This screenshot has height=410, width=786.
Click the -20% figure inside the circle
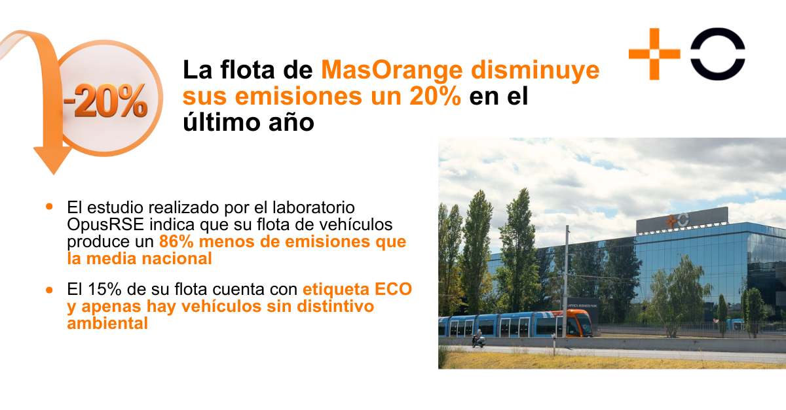(x=106, y=100)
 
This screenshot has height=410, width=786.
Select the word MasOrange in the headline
(x=391, y=69)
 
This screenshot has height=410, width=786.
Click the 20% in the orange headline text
(x=436, y=96)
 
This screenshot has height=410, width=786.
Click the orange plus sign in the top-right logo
(x=654, y=54)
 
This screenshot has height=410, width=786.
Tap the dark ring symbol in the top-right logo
(x=717, y=54)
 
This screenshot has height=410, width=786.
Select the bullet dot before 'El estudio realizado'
(x=50, y=207)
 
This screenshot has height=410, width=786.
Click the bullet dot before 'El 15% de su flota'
(x=50, y=289)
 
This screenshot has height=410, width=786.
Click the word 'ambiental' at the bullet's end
(x=107, y=323)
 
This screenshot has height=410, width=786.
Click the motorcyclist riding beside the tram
(x=478, y=338)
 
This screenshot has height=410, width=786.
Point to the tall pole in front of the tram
(x=566, y=288)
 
